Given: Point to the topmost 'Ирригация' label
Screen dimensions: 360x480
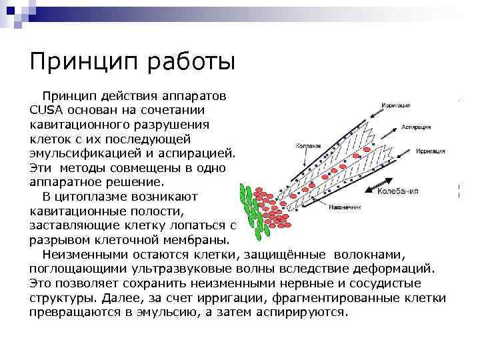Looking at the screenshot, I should click(396, 105).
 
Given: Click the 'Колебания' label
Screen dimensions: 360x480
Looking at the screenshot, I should click(398, 192).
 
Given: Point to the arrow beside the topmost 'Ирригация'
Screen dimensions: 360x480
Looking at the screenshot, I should click(370, 111).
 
